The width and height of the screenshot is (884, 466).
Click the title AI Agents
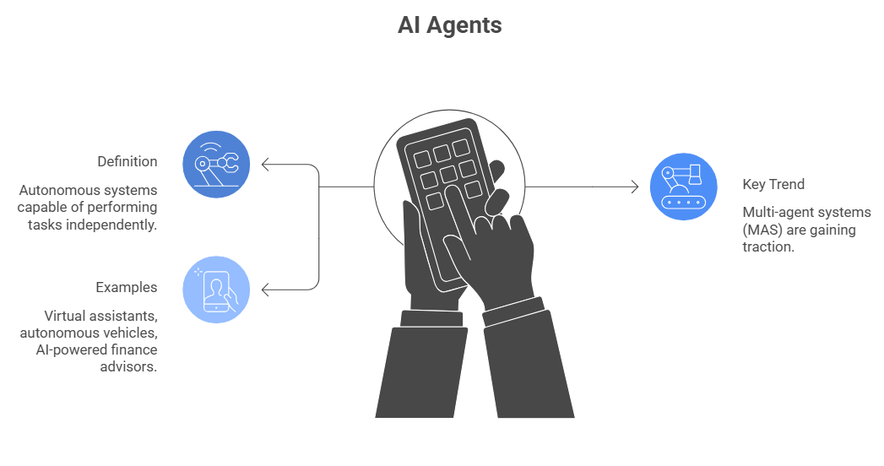449,25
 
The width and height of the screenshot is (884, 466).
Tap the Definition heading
127,161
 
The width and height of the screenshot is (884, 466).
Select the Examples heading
126,287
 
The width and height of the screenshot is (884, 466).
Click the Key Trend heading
773,184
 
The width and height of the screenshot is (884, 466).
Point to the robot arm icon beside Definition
216,164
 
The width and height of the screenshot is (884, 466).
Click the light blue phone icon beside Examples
216,290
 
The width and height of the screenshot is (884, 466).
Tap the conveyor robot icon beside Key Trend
682,187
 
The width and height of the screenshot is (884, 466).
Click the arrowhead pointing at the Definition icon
265,165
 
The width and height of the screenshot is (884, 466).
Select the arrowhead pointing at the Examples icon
265,290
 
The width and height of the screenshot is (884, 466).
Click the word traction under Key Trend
768,247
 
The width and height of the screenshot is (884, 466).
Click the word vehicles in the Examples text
128,333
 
